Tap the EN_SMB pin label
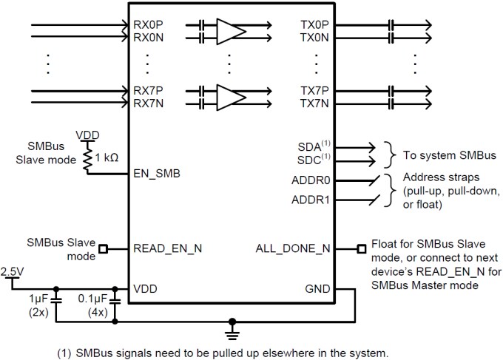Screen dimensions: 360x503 coord(156,174)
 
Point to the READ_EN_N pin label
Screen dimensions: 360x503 coord(167,248)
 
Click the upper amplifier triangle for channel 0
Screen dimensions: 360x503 coord(230,29)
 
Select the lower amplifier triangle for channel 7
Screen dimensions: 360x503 coord(230,97)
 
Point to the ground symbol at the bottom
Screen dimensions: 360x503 coord(234,324)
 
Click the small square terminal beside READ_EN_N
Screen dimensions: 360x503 coord(104,248)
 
